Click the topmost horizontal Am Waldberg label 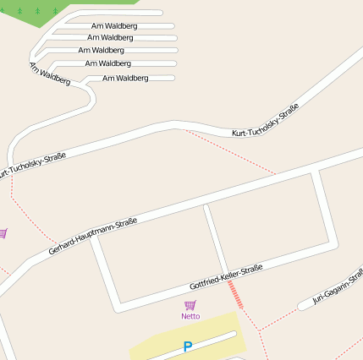tap(114, 26)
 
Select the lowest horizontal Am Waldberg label tap(125, 79)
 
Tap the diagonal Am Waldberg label tap(49, 74)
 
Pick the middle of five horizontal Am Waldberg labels tap(102, 51)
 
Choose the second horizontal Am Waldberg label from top tap(110, 38)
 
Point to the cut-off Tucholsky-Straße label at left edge tap(32, 165)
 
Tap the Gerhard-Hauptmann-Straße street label tap(93, 236)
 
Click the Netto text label tap(190, 316)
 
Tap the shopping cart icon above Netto tap(190, 305)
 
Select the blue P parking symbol tap(188, 346)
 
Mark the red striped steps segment tap(236, 295)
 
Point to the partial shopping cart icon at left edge tap(3, 233)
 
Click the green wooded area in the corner tap(42, 10)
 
